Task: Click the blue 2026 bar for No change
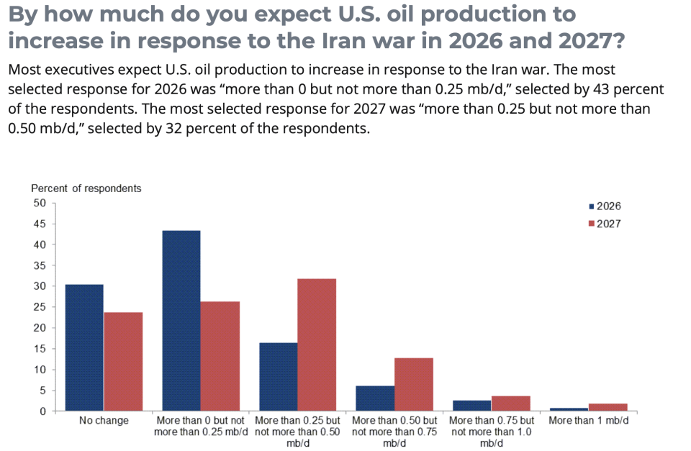pos(84,347)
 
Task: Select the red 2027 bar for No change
pos(123,361)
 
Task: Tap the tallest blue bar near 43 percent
pos(181,321)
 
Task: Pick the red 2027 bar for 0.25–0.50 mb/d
pos(317,345)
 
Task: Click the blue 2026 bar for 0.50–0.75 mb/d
pos(375,398)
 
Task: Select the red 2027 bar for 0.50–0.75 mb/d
pos(414,384)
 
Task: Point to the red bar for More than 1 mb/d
pos(608,407)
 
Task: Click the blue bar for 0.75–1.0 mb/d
pos(472,406)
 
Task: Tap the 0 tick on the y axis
pos(42,411)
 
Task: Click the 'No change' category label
pos(104,421)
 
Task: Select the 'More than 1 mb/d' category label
pos(588,421)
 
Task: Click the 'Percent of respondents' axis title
pos(86,188)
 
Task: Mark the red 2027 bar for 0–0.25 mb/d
pos(220,356)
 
